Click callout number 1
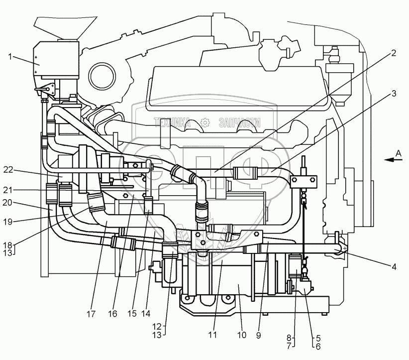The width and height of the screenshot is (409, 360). (x=9, y=57)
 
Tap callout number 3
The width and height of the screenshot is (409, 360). (x=393, y=93)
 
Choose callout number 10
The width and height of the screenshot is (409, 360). (x=241, y=336)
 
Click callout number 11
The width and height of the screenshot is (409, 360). (x=213, y=336)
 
